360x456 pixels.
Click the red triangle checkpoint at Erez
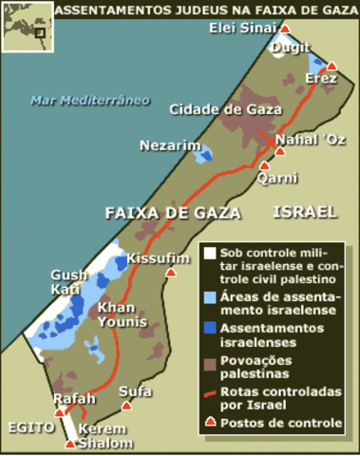click(x=332, y=66)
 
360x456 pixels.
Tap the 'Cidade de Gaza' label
click(x=227, y=109)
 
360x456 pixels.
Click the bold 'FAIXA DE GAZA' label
click(x=173, y=212)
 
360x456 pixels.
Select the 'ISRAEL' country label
click(x=304, y=212)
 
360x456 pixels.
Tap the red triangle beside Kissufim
click(x=171, y=272)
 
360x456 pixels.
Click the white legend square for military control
click(x=208, y=255)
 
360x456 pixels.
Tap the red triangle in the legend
click(x=208, y=422)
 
